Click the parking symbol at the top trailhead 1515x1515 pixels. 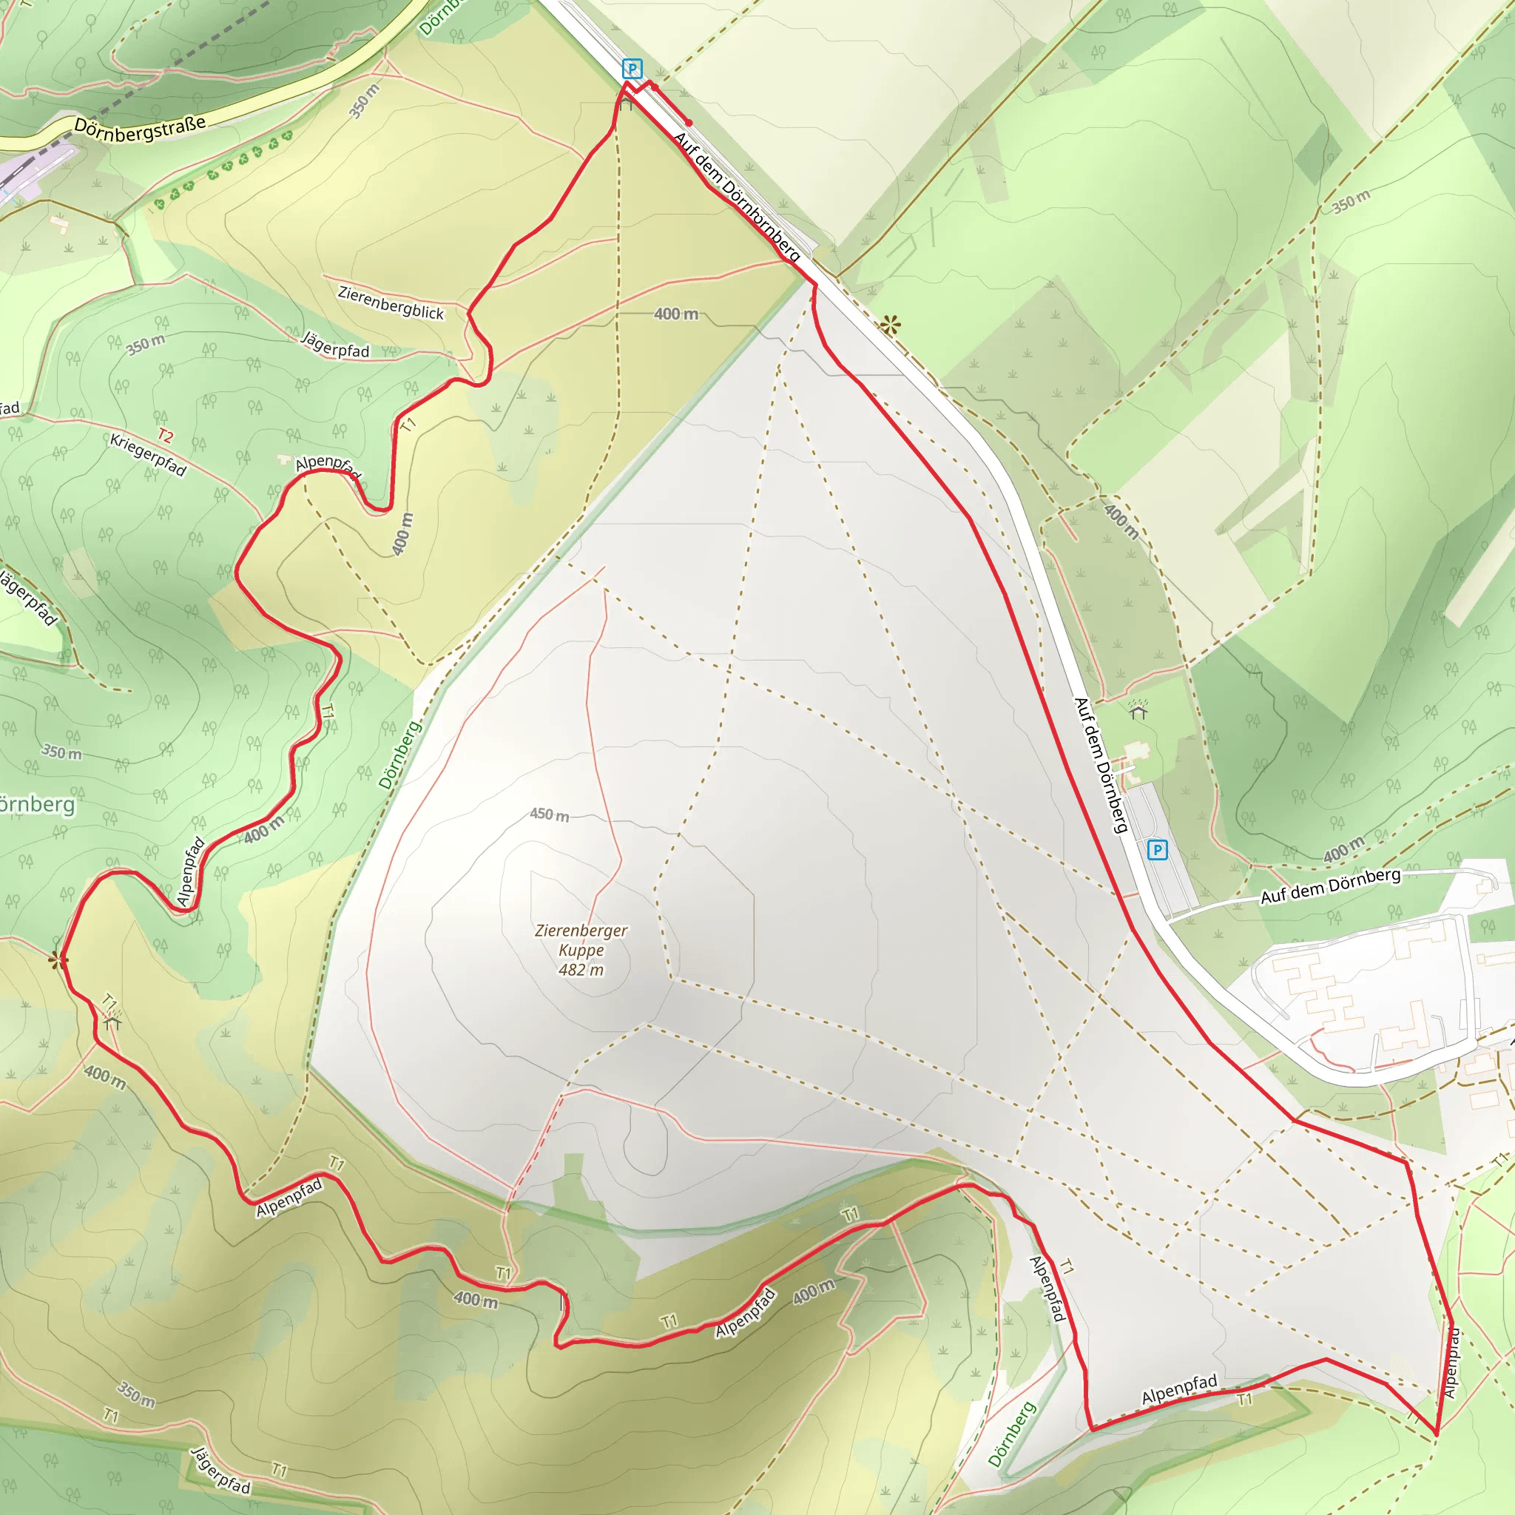[631, 69]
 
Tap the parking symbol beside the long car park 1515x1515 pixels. [1157, 849]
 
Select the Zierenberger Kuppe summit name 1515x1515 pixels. [581, 939]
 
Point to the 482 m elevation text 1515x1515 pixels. [581, 970]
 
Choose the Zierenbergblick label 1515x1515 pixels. [391, 302]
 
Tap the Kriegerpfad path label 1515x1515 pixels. [148, 455]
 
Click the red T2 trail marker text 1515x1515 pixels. [165, 435]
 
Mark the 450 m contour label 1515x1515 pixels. [549, 814]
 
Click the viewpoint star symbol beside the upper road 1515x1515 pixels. [890, 325]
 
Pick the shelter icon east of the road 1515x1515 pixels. [1138, 710]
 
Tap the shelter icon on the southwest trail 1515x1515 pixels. [112, 1022]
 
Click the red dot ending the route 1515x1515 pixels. [689, 123]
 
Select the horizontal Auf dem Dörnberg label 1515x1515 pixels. [1330, 886]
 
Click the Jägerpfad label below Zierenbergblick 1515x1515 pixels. [335, 345]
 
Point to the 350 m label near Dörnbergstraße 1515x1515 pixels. [364, 101]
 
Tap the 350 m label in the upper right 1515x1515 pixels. [1351, 201]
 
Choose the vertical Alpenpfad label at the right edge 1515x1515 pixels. [1451, 1362]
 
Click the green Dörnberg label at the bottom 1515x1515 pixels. [1011, 1434]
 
